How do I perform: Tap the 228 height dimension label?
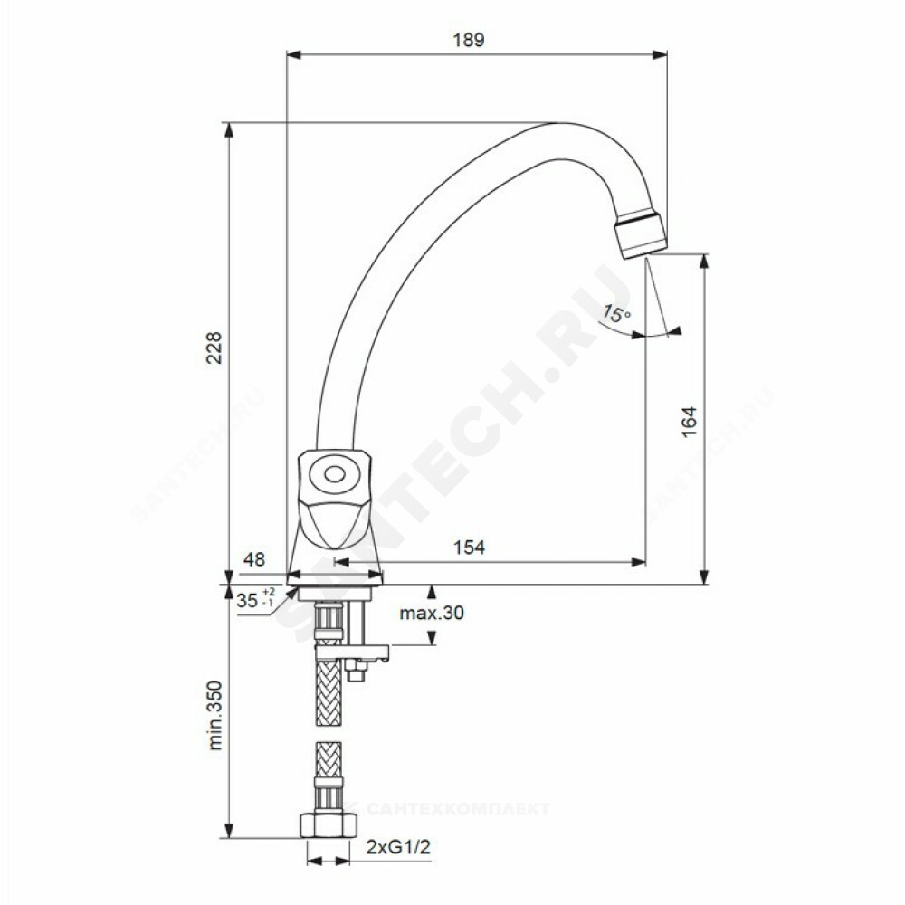214,348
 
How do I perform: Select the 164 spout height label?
689,422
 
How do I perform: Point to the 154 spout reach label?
469,547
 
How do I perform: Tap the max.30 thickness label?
432,613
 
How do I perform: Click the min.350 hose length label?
214,715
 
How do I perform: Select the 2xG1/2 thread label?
399,847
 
